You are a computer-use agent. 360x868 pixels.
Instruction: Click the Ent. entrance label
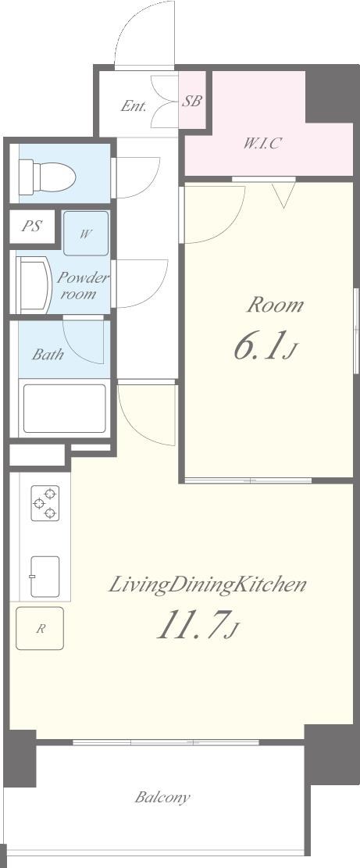[134, 106]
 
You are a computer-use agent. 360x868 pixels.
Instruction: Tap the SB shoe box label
[192, 102]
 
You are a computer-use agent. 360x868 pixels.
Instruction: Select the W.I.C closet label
[263, 144]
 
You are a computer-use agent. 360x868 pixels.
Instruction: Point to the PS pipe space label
[31, 227]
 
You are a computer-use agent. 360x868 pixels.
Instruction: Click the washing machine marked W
[85, 233]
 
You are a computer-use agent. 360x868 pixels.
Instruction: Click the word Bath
[48, 354]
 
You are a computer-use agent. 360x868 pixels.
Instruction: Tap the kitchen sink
[45, 577]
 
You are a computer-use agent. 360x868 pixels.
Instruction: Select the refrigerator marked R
[40, 628]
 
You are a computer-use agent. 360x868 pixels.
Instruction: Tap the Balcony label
[162, 798]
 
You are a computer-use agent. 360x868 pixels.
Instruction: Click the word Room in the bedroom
[275, 305]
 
